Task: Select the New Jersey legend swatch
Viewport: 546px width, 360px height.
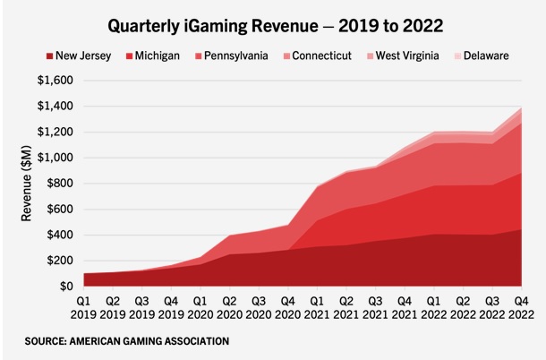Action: (x=49, y=56)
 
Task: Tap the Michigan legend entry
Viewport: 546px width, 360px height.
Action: (x=153, y=56)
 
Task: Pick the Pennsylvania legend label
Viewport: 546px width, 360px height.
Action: (x=236, y=56)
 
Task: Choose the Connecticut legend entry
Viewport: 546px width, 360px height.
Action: (x=318, y=56)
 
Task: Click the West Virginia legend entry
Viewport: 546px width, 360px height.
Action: (x=403, y=56)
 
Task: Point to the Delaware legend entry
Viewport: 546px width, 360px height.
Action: (x=482, y=56)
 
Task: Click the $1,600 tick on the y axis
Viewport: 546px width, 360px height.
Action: (x=55, y=81)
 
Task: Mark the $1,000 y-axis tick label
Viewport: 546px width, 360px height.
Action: (x=55, y=158)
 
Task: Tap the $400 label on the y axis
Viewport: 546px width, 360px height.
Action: (x=60, y=236)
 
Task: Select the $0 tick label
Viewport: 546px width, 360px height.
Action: (x=66, y=287)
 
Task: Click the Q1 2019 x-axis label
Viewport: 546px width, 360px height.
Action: (x=83, y=308)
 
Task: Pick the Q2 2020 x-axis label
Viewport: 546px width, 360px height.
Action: (x=229, y=308)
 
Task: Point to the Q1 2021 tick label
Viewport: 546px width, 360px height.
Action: (x=317, y=308)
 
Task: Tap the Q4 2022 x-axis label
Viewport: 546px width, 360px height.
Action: (x=521, y=308)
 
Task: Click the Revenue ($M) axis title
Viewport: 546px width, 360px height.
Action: (x=27, y=184)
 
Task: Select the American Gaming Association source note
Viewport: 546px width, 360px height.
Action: (x=127, y=341)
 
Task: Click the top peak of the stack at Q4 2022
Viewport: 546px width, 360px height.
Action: (x=521, y=107)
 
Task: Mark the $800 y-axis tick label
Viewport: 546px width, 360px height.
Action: (x=60, y=184)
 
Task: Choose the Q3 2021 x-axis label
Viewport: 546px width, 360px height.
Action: (x=375, y=308)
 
